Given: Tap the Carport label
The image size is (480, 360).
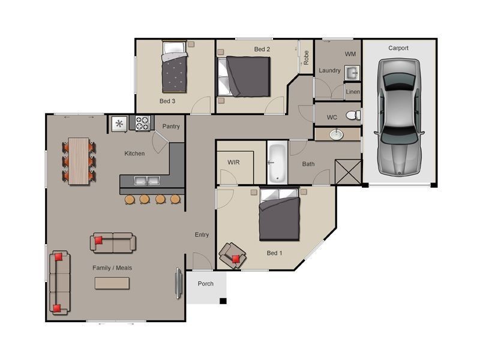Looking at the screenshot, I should coord(398,48).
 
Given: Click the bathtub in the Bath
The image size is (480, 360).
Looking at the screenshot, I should coord(277,162).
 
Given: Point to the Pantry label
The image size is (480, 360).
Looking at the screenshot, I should coord(171,127).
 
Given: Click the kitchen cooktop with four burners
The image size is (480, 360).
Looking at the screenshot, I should coord(142,124).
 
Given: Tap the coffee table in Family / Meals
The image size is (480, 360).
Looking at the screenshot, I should coord(113,283).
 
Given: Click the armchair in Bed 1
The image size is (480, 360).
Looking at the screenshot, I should coord(233,256).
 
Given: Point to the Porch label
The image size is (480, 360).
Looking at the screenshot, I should coord(205,284).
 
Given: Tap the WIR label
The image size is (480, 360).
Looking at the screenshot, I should coord(233,163).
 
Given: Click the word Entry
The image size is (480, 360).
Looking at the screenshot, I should coord(202,235).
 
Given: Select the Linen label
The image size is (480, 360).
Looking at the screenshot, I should coord(353,92).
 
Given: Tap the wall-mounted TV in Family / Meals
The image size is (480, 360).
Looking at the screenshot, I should coord(178,281).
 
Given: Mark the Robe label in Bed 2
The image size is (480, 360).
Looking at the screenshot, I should coord(306,58).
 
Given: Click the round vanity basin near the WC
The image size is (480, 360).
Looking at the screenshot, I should coord(337,134).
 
